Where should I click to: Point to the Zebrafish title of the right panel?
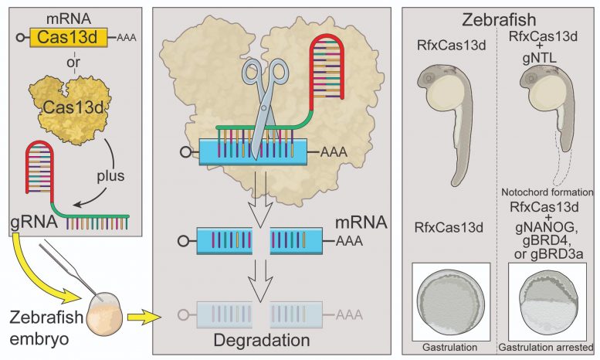[x=500, y=20]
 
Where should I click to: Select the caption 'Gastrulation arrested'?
[x=545, y=348]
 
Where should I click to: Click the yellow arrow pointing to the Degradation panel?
[x=143, y=315]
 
